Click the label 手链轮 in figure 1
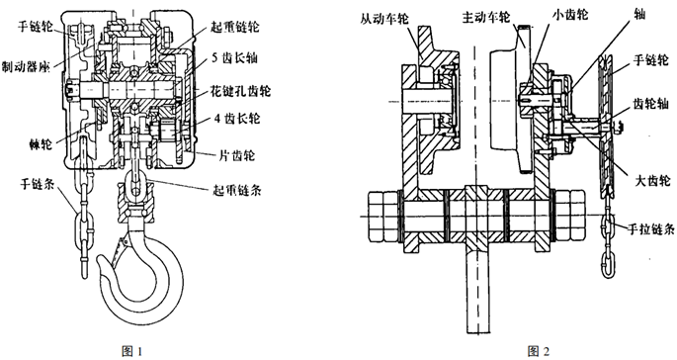pyautogui.click(x=35, y=27)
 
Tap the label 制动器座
pyautogui.click(x=26, y=66)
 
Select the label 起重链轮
pyautogui.click(x=235, y=27)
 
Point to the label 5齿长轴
pyautogui.click(x=234, y=58)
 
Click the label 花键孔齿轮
pyautogui.click(x=240, y=91)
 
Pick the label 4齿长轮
pyautogui.click(x=237, y=118)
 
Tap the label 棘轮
pyautogui.click(x=39, y=144)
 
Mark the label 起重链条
pyautogui.click(x=236, y=190)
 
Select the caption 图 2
pyautogui.click(x=539, y=351)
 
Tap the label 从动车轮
pyautogui.click(x=384, y=19)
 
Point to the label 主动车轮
pyautogui.click(x=486, y=17)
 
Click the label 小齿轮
pyautogui.click(x=570, y=14)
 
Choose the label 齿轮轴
pyautogui.click(x=650, y=103)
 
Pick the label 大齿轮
pyautogui.click(x=653, y=180)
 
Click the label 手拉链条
pyautogui.click(x=650, y=228)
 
